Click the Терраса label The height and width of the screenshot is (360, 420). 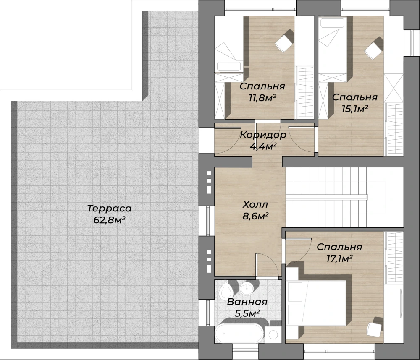coord(110,208)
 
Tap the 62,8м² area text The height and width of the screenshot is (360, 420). coord(110,220)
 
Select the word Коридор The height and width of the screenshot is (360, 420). coord(263,135)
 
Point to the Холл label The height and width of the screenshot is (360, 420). coord(255,205)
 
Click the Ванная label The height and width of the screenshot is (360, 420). coord(247,302)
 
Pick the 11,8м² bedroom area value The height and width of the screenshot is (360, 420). coord(262,98)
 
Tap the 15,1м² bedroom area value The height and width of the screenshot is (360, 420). coord(355,109)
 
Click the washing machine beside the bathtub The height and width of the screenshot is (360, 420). coord(273,334)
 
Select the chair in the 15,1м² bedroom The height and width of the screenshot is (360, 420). coord(374,49)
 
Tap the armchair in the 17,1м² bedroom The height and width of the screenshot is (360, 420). coord(375,327)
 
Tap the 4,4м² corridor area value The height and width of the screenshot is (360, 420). coord(263,146)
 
